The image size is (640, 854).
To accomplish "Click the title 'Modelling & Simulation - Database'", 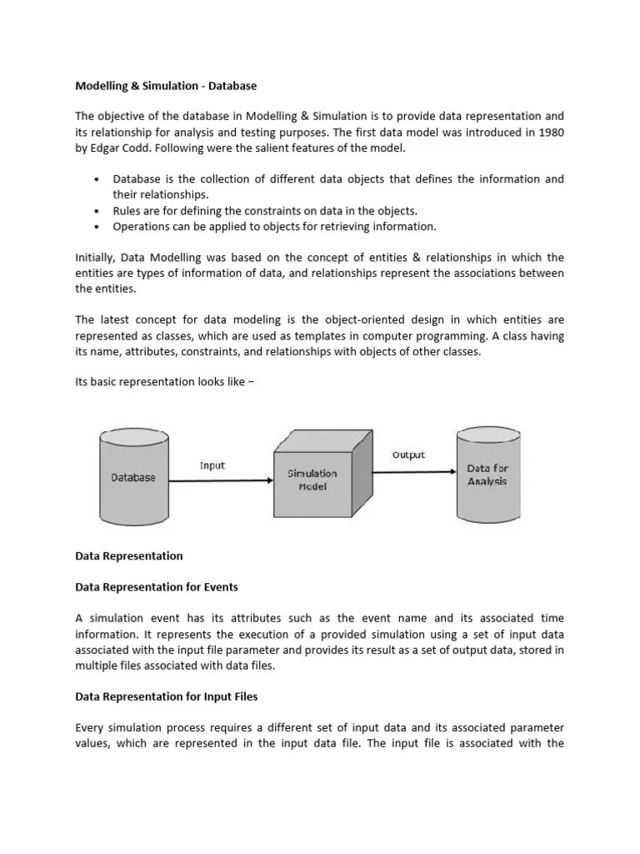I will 166,85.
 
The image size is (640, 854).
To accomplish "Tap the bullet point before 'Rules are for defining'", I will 97,210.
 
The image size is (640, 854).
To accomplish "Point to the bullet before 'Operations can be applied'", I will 97,226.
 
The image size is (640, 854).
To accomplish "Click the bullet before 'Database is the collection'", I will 97,179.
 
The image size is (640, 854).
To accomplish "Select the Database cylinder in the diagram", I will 133,477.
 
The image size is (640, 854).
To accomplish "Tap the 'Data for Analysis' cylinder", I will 487,475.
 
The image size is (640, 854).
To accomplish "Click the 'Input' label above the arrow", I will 212,465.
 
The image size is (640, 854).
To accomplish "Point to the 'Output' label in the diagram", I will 408,455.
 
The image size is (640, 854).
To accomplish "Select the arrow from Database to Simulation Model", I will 221,480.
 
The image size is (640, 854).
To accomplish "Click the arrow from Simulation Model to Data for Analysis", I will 412,471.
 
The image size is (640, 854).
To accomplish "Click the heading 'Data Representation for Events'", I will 157,587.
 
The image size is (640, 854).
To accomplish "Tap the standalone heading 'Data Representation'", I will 129,555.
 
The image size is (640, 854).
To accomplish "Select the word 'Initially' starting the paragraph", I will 96,258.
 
